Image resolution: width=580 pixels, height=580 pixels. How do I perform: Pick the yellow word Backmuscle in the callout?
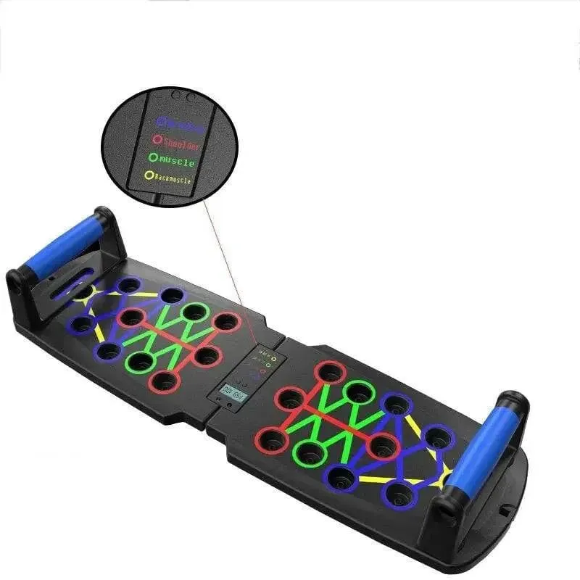click(x=173, y=178)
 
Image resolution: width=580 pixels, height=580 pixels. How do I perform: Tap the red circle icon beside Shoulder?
click(x=156, y=138)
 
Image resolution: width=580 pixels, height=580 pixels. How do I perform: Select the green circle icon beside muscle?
click(x=152, y=156)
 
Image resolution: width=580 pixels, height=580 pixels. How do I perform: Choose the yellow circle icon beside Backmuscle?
click(x=149, y=174)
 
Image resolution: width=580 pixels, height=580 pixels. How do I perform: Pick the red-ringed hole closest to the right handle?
click(x=382, y=445)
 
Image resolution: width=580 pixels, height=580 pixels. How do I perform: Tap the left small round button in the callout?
click(x=174, y=94)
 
